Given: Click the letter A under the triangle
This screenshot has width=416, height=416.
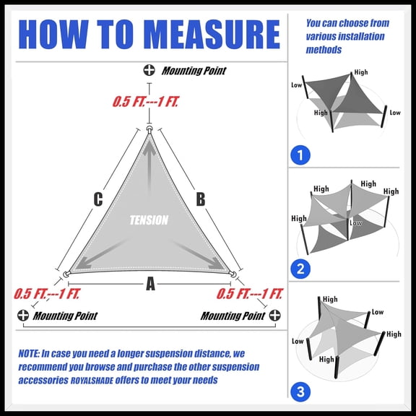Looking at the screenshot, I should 150,285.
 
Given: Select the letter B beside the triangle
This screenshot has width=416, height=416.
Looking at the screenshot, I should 201,199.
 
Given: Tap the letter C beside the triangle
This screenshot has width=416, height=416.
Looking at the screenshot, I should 98,199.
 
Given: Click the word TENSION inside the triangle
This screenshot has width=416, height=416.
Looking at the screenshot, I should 149,220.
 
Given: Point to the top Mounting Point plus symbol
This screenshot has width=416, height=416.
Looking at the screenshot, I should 149,71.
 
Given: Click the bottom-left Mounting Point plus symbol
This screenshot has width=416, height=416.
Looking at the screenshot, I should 23,316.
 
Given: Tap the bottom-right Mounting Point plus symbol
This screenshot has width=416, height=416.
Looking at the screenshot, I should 274,316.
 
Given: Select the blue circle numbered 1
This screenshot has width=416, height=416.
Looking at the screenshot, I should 300,155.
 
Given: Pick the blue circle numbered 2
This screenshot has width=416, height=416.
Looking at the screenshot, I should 300,270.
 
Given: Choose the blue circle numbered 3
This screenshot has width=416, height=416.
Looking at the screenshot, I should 300,392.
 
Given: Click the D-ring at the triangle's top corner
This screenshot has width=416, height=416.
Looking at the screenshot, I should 149,129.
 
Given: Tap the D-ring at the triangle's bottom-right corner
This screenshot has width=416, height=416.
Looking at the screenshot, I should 233,274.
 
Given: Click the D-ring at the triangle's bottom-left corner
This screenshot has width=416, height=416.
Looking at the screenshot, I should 66,274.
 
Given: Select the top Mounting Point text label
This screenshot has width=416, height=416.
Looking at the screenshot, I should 194,71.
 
